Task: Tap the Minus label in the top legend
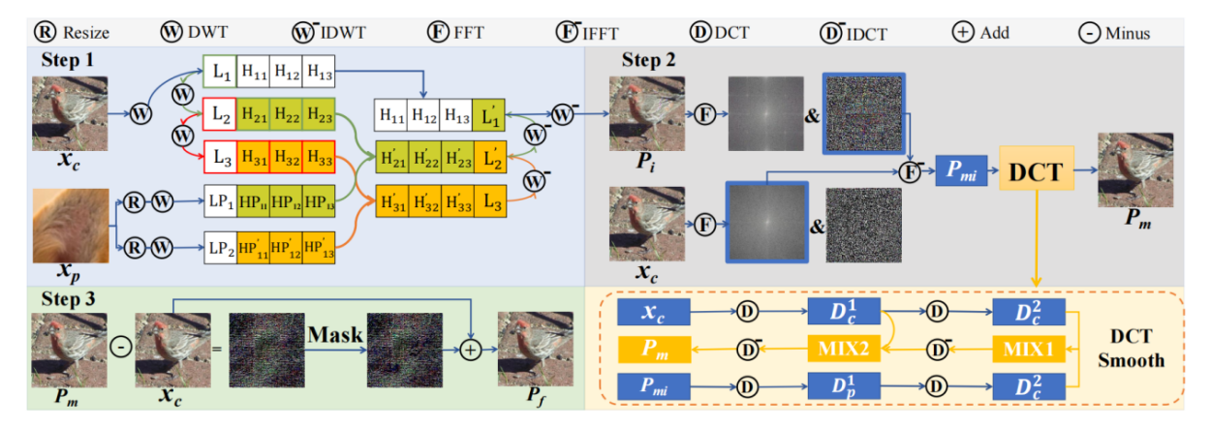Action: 1126,33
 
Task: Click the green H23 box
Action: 319,114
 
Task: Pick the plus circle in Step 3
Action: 471,351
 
